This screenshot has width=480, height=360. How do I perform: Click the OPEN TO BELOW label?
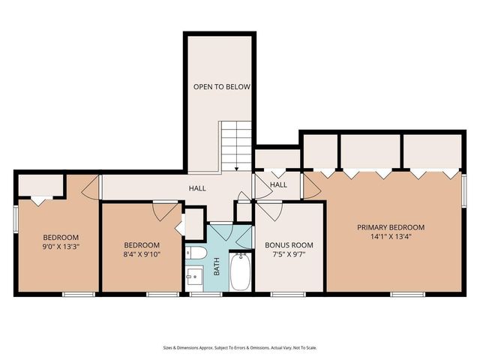(221, 87)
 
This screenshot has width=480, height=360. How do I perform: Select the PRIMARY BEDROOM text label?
(391, 227)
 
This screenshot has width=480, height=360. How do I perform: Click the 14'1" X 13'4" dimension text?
(391, 237)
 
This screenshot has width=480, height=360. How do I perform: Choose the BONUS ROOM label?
(289, 245)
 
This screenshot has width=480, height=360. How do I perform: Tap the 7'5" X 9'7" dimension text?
(289, 255)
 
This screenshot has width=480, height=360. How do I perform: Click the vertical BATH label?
(217, 267)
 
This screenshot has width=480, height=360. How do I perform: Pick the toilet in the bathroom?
(192, 253)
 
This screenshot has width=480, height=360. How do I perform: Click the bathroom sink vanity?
(193, 277)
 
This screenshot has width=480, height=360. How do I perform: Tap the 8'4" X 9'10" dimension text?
(141, 255)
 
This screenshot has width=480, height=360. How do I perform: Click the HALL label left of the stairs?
(197, 188)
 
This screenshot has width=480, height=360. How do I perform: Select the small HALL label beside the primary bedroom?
(278, 185)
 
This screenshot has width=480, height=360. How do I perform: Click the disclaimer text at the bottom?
(239, 348)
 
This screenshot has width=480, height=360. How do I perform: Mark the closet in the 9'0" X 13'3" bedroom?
(40, 184)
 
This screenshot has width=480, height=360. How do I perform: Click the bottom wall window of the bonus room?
(289, 294)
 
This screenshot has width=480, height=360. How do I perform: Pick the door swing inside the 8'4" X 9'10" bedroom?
(161, 211)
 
